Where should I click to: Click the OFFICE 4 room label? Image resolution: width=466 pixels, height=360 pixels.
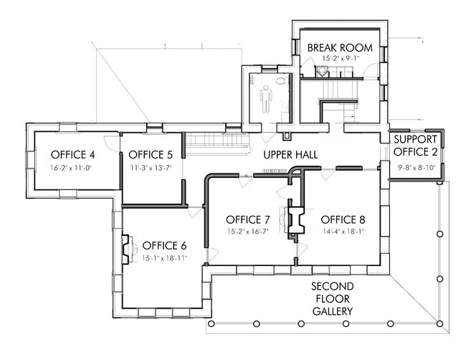pos(73,155)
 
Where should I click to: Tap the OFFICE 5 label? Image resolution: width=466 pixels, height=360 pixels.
pos(151,155)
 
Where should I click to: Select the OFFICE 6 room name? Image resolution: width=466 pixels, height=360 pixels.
pos(164,245)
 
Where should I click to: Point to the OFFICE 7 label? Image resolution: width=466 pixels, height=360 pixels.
pos(248,219)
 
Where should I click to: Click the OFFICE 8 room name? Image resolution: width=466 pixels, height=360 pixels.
pos(343,219)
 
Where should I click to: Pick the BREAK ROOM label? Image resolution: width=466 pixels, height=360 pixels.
pos(340,47)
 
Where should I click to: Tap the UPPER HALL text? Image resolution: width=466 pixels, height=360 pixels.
pos(290,155)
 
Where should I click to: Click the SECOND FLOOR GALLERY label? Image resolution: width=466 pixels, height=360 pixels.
pos(333,299)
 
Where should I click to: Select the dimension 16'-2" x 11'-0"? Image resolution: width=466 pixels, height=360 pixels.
pos(71,168)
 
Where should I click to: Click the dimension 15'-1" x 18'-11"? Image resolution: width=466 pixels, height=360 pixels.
pos(165,258)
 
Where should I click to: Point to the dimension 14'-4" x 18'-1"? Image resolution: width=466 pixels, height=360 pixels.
pos(343,232)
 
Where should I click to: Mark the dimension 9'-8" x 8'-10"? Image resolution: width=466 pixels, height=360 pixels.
pos(417,167)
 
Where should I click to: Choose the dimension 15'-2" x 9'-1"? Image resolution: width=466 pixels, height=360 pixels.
pos(341,59)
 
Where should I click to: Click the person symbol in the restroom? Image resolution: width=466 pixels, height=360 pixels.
pos(266,99)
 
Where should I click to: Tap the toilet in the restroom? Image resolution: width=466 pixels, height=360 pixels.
pos(281,80)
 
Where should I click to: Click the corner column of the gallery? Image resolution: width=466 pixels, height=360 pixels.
pos(440,323)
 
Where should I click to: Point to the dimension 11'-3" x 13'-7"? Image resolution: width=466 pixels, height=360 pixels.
pos(151,168)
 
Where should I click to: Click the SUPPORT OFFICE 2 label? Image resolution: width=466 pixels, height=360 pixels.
pos(416,146)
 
